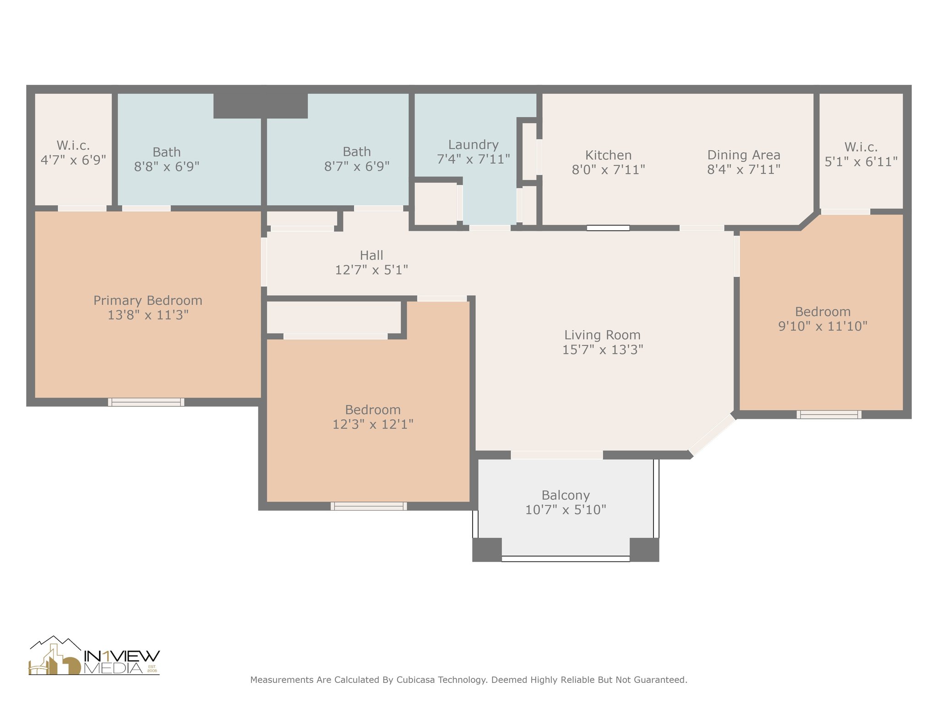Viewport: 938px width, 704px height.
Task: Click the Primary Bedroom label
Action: click(x=147, y=301)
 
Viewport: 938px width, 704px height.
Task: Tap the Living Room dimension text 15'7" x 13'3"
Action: click(x=602, y=350)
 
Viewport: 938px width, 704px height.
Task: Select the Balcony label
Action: click(x=565, y=495)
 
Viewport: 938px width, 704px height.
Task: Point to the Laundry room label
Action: click(x=473, y=145)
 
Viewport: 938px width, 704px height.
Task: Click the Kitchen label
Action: click(x=608, y=155)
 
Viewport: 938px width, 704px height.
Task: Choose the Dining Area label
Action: click(x=743, y=155)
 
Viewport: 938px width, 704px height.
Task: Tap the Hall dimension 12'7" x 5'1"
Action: click(x=371, y=270)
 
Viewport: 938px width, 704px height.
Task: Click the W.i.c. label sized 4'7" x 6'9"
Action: click(x=73, y=146)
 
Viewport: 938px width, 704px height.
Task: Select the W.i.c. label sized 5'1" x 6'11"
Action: click(x=861, y=147)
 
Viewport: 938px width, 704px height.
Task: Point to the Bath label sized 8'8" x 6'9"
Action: click(x=167, y=152)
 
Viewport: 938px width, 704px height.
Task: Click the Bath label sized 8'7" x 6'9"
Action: click(x=357, y=152)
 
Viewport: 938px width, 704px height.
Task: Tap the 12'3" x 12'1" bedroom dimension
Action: click(x=373, y=424)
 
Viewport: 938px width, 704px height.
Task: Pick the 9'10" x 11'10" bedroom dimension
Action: click(x=823, y=326)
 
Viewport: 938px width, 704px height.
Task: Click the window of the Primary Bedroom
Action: click(x=146, y=402)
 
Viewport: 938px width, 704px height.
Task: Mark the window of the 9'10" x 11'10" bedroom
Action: click(x=829, y=414)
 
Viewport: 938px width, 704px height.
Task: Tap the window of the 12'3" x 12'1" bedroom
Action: click(x=369, y=506)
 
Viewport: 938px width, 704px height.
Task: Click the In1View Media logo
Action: click(x=94, y=655)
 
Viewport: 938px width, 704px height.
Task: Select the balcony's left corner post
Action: click(x=487, y=550)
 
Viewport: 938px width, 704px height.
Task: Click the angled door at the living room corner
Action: click(x=712, y=435)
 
